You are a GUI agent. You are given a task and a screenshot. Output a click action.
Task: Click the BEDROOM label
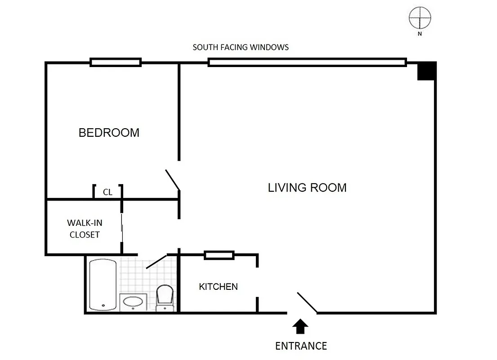[109, 133]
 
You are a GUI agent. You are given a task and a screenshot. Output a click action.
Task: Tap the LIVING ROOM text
[307, 188]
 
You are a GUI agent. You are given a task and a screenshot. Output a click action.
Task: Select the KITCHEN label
[218, 287]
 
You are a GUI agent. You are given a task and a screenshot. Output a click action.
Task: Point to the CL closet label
[107, 192]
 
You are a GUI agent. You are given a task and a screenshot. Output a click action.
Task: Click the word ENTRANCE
[301, 346]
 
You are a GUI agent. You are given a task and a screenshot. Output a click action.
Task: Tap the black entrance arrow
[301, 327]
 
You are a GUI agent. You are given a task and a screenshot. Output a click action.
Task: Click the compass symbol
[420, 18]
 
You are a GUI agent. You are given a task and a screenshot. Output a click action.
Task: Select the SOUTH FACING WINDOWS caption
[241, 47]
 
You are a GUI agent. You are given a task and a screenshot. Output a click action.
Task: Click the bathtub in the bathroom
[103, 285]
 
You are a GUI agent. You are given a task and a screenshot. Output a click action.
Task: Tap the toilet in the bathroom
[164, 297]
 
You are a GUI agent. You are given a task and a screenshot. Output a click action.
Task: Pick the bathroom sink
[133, 302]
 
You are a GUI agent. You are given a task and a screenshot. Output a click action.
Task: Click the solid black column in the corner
[426, 71]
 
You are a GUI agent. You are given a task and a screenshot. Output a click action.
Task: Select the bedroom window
[116, 63]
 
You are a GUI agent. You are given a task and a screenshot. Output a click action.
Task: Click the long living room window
[307, 63]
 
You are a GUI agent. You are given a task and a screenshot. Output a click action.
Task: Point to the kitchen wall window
[219, 255]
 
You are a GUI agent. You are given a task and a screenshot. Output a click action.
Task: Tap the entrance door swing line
[307, 302]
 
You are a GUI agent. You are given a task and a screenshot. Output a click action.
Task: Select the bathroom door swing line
[157, 261]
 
